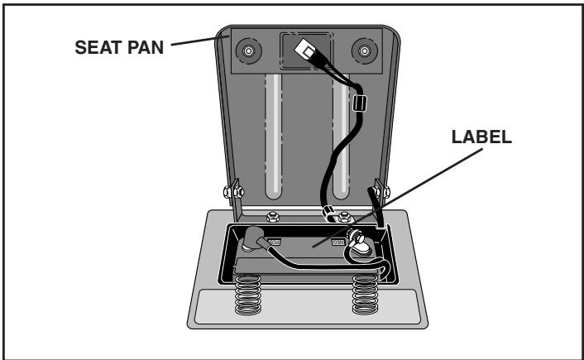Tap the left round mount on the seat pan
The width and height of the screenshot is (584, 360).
pos(246,52)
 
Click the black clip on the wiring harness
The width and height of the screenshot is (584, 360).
pos(358,105)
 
